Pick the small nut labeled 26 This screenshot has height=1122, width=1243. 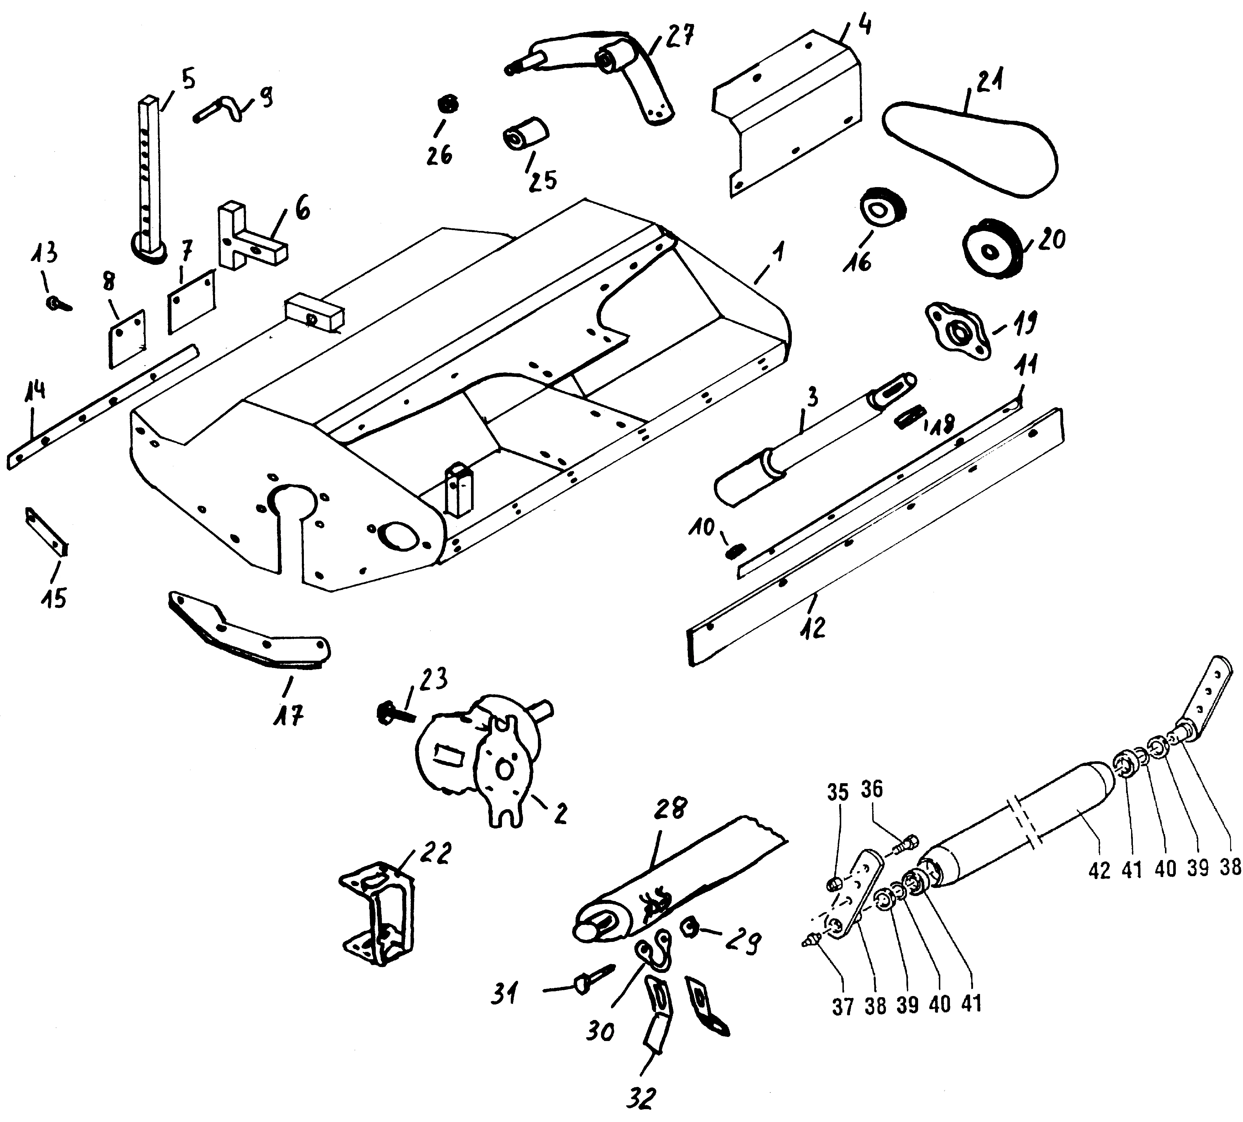(x=448, y=103)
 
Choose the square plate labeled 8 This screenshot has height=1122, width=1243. (x=127, y=339)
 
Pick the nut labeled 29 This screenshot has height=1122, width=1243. (x=689, y=925)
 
